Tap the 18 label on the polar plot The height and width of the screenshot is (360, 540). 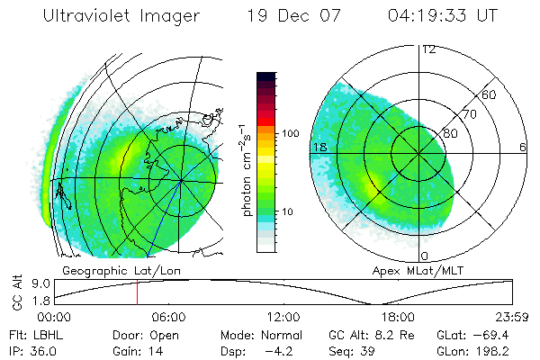click(x=319, y=147)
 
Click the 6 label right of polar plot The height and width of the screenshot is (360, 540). click(x=523, y=147)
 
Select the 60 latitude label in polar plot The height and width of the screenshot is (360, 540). click(x=489, y=94)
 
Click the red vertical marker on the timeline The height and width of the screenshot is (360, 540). click(x=137, y=292)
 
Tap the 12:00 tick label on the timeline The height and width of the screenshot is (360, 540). click(x=283, y=317)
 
